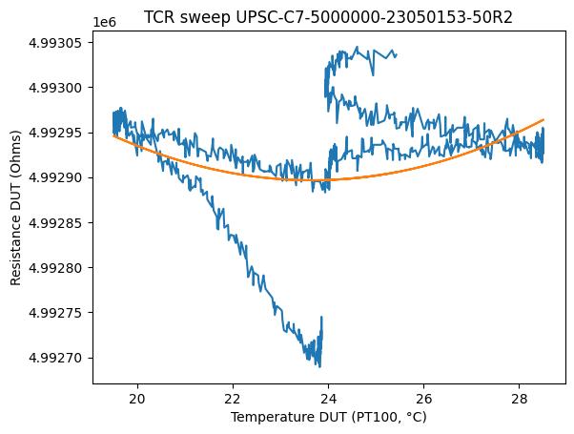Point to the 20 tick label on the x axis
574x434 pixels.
point(138,397)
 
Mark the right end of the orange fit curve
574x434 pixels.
point(543,119)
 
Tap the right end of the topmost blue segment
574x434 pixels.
point(397,55)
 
